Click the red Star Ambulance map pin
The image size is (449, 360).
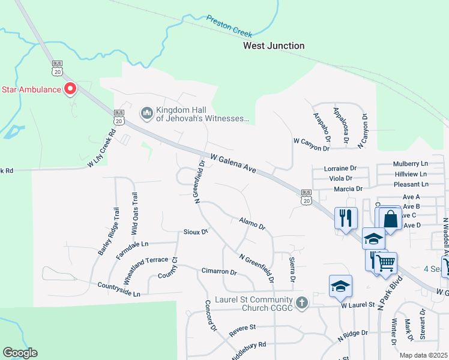[x=70, y=89]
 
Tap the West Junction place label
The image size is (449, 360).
[x=273, y=46]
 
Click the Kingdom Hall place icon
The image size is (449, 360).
[x=146, y=112]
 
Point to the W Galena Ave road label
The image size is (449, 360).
[x=233, y=163]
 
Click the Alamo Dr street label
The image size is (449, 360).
[x=252, y=224]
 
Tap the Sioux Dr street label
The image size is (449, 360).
[x=195, y=232]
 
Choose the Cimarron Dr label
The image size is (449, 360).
[x=219, y=272]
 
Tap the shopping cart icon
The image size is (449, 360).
[x=386, y=263]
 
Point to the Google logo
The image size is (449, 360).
[x=20, y=353]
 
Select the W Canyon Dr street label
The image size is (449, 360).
[x=312, y=140]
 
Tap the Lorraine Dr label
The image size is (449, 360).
[x=340, y=169]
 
